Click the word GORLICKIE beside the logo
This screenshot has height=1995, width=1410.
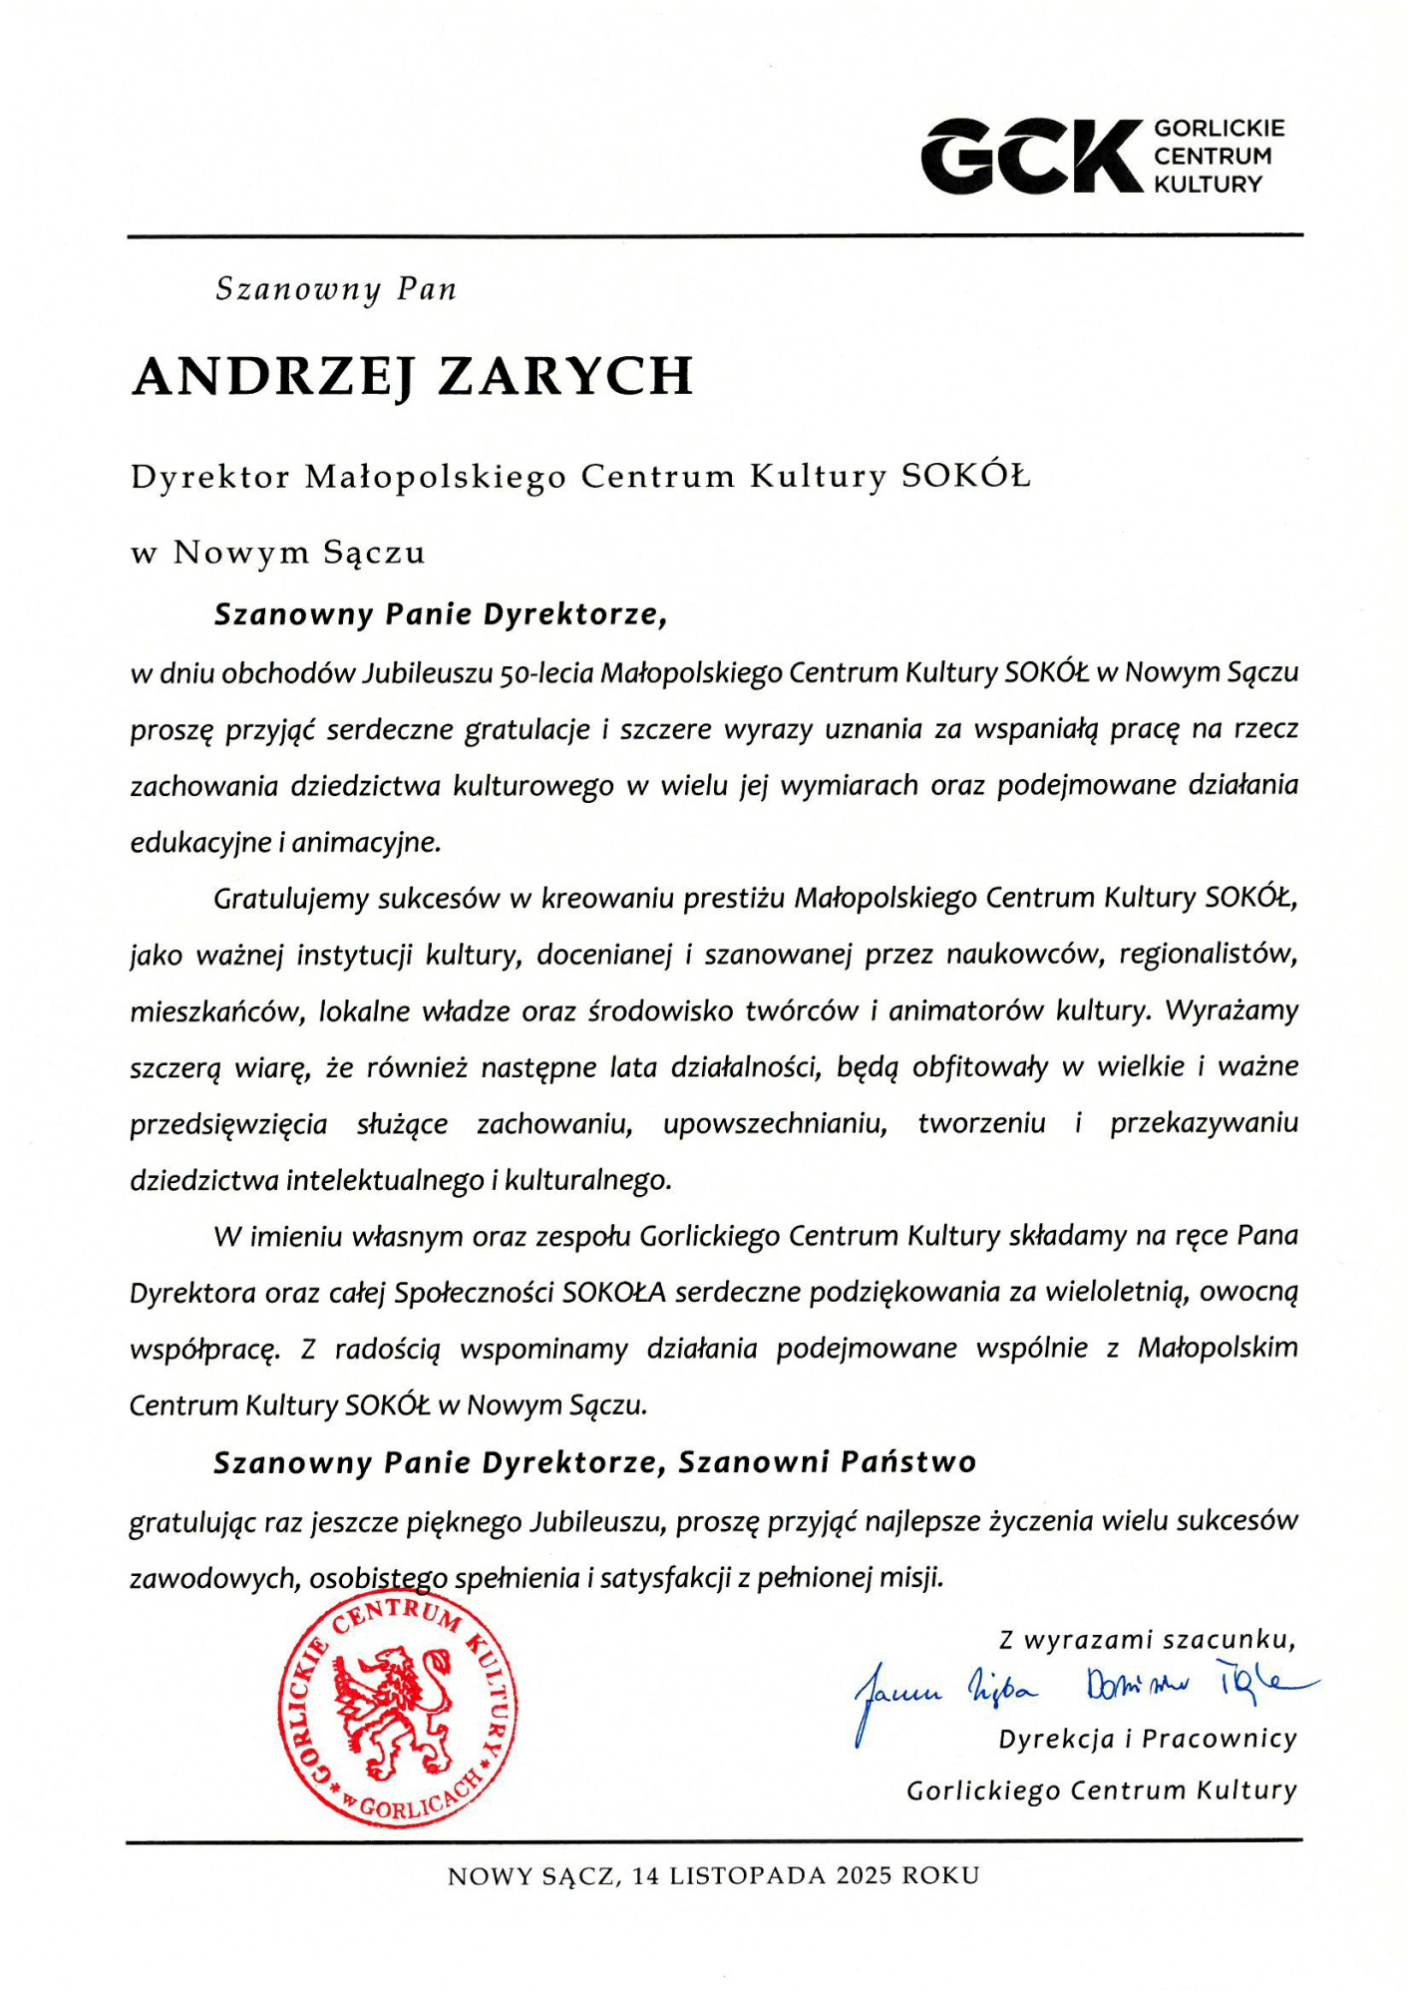[x=1219, y=129]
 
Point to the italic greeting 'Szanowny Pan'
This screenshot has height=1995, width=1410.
[x=336, y=289]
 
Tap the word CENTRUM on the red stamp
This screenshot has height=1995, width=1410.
[x=397, y=1614]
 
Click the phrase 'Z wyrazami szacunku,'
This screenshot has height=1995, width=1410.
[x=1147, y=1640]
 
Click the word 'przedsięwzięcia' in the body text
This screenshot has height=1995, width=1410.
[x=228, y=1125]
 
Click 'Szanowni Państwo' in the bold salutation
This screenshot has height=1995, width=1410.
[x=827, y=1463]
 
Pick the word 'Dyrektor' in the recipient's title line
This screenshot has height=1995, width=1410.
[x=210, y=478]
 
